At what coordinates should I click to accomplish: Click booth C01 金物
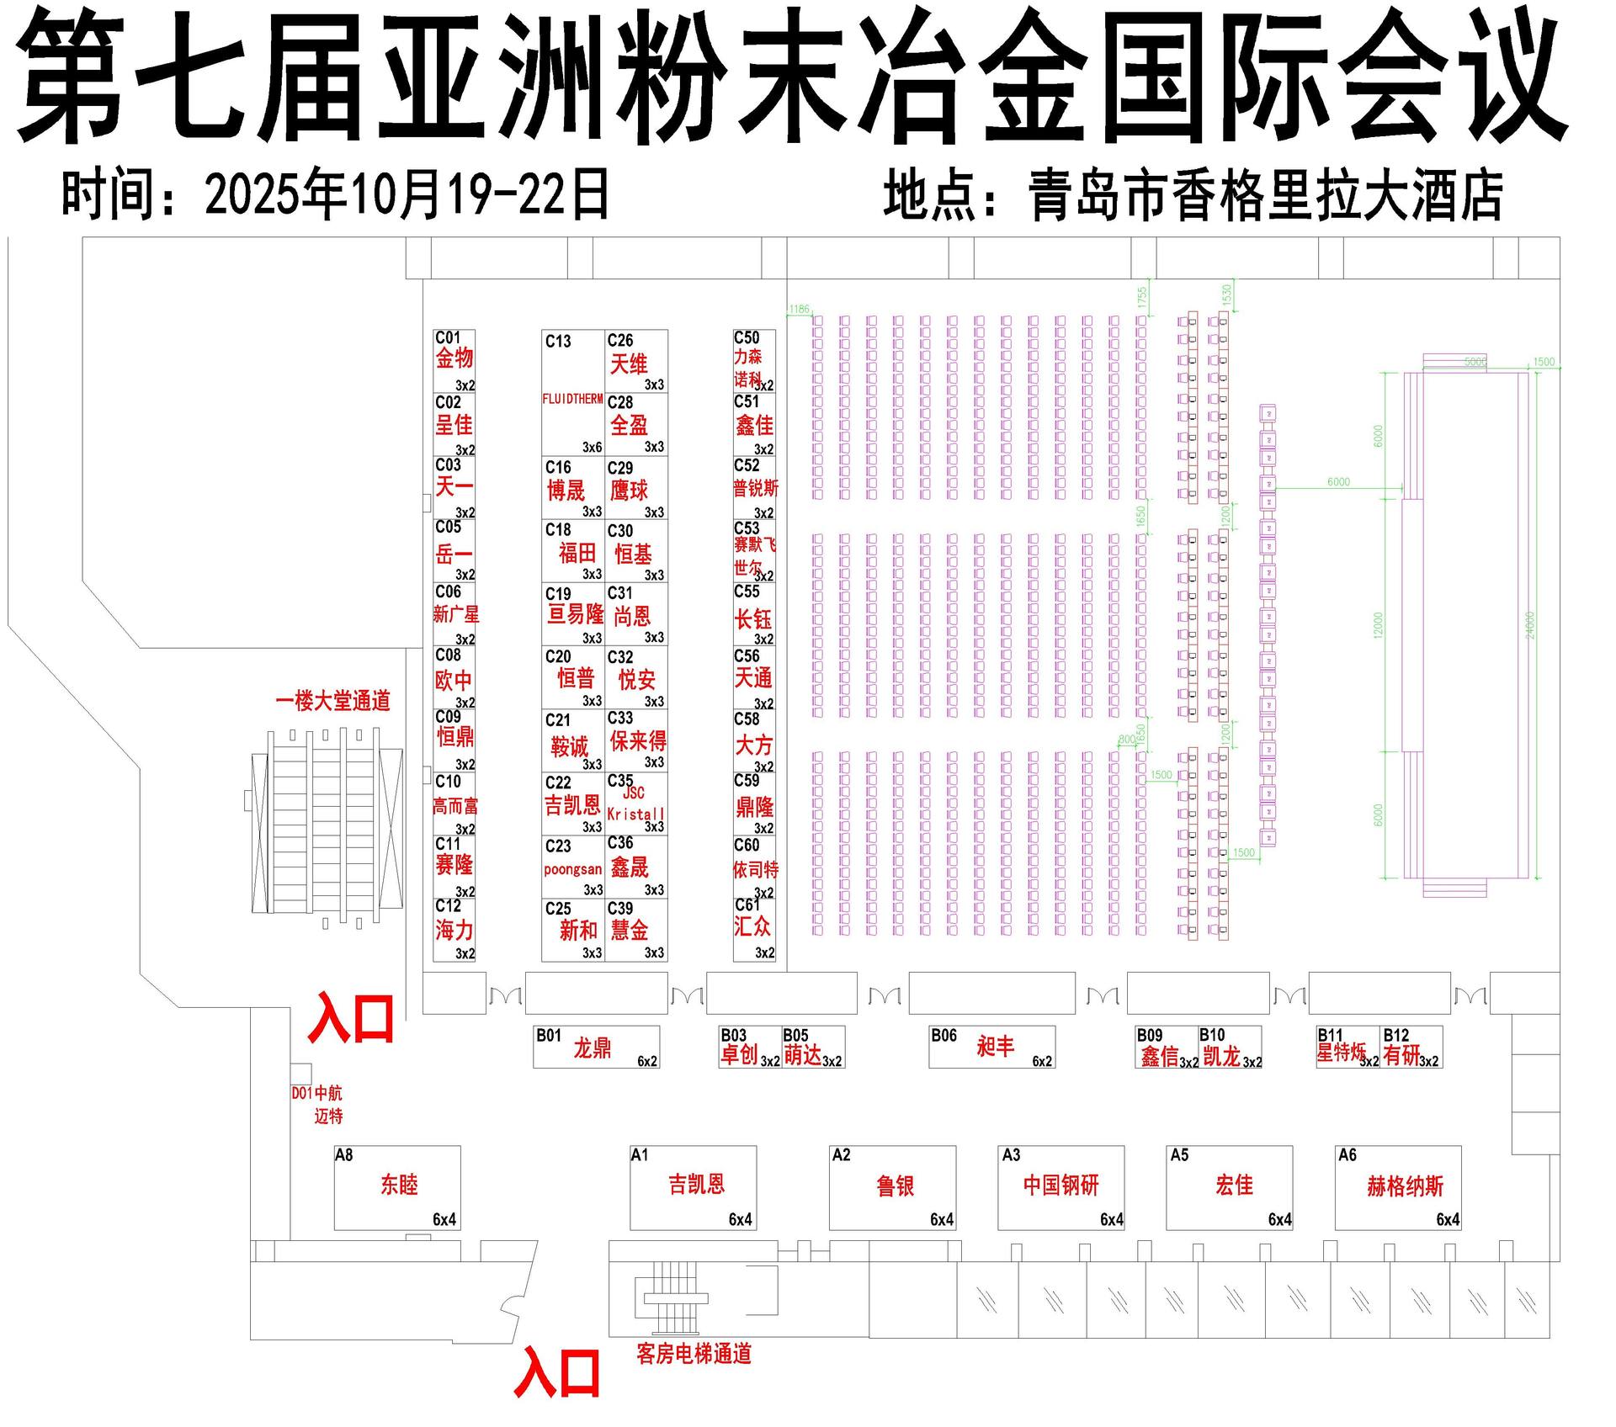click(x=454, y=361)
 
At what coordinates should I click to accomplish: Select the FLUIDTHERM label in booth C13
click(x=572, y=399)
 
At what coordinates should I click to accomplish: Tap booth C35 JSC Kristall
click(x=636, y=804)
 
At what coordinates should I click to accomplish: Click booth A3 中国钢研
click(x=1060, y=1187)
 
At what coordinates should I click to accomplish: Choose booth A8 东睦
click(x=397, y=1187)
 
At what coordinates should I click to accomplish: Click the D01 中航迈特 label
click(x=318, y=1105)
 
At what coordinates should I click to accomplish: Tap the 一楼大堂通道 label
click(x=332, y=701)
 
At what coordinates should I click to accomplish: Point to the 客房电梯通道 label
click(x=694, y=1354)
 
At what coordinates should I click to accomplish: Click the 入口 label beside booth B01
click(x=351, y=1019)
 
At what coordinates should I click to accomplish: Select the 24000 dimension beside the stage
click(x=1530, y=625)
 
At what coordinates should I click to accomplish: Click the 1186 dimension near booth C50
click(x=799, y=309)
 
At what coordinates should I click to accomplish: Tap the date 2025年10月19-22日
click(x=407, y=194)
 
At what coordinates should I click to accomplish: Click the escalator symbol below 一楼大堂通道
click(x=327, y=821)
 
